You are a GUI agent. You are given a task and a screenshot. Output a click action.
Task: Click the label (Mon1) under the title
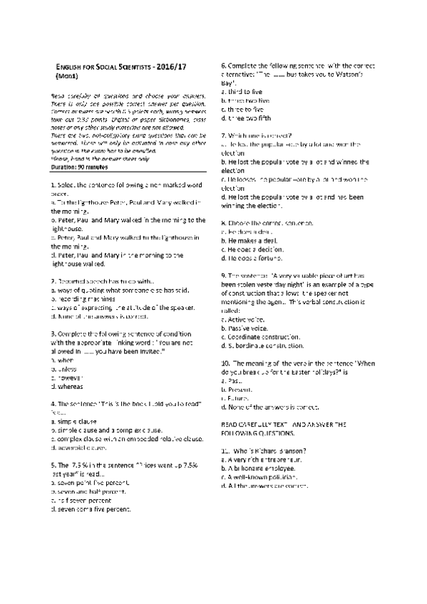(x=67, y=74)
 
